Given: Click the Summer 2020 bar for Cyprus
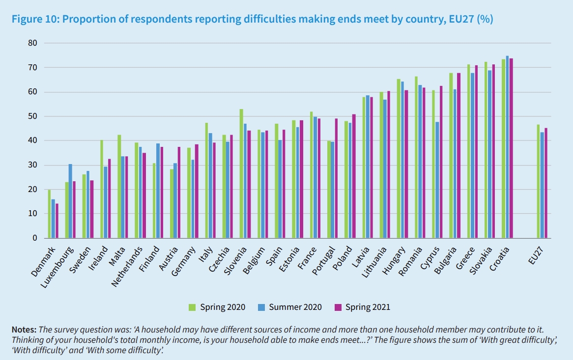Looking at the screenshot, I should pos(437,180).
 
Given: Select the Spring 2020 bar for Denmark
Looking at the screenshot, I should pos(49,214).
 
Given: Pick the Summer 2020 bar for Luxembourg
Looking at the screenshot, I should pos(71,201).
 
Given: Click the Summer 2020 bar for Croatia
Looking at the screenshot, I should pos(507,147).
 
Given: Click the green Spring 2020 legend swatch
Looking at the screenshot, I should pos(193,307).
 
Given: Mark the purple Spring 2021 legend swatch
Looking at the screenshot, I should pos(338,307).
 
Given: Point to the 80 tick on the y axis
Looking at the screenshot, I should pos(33,43).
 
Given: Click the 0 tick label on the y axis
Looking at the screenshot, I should pos(35,238).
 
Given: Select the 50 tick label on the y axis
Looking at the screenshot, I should pos(33,116).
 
